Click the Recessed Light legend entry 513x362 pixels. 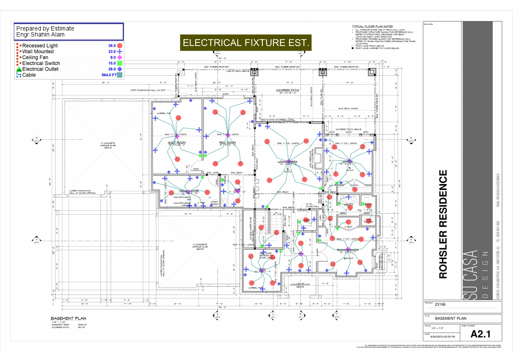click(40, 46)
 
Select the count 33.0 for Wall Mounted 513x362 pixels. click(112, 51)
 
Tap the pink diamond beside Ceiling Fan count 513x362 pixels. click(120, 57)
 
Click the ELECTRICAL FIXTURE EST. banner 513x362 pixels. click(246, 43)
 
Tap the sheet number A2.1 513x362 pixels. click(480, 334)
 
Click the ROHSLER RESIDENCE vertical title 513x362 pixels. click(443, 224)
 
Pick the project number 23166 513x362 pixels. click(440, 304)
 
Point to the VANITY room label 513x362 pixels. click(348, 204)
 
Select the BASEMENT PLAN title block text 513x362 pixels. click(451, 319)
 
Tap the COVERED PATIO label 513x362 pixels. click(288, 90)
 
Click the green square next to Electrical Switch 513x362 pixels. click(120, 63)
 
